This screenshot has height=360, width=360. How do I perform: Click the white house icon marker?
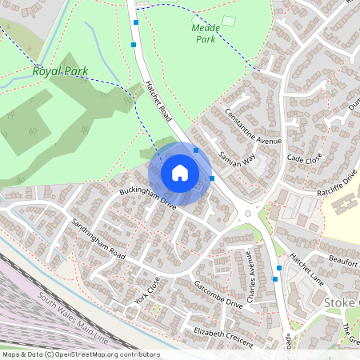tap(180, 173)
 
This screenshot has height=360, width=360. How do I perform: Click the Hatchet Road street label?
tap(158, 101)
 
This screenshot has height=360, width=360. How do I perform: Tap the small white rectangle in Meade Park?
tap(230, 21)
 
